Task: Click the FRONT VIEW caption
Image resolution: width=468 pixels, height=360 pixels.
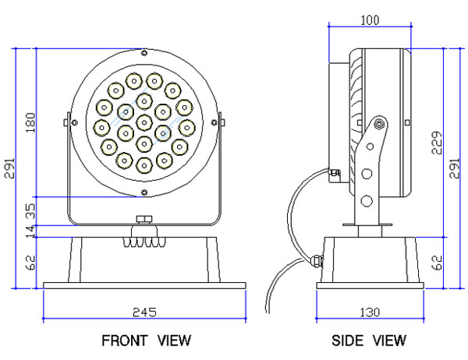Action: [x=146, y=341]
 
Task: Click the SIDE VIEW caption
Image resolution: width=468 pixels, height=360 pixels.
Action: [x=369, y=341]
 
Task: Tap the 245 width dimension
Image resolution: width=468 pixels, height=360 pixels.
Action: [x=144, y=312]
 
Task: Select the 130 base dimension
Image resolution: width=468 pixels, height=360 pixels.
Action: [x=370, y=312]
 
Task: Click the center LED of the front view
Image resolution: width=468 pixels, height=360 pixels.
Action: [x=144, y=122]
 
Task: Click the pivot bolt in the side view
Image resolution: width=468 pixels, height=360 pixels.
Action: [x=379, y=123]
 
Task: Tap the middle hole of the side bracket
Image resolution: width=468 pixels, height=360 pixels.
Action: [x=367, y=173]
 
